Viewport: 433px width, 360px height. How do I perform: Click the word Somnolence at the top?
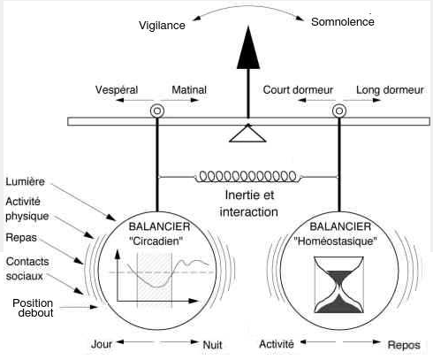pos(343,20)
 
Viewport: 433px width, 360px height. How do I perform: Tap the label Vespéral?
pos(119,91)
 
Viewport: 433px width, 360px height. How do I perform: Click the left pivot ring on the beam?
pos(157,111)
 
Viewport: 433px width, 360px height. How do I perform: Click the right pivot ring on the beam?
pos(338,111)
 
